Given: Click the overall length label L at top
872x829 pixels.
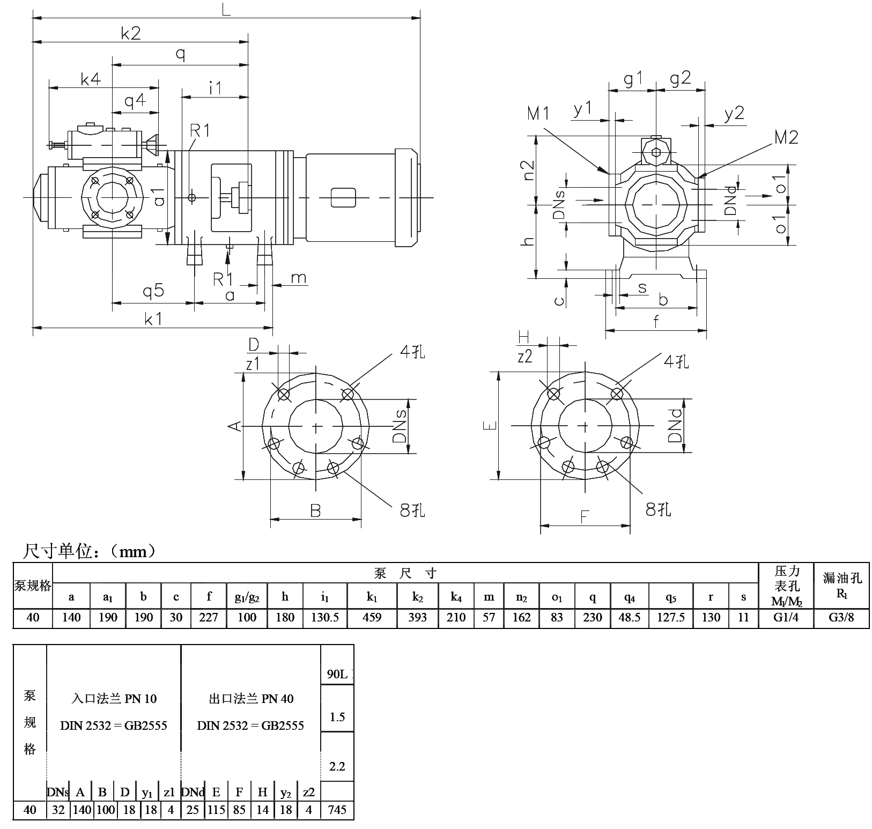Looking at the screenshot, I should pyautogui.click(x=226, y=9).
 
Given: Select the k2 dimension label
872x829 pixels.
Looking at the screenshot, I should pyautogui.click(x=131, y=33).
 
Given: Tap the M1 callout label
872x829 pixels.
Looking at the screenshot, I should pyautogui.click(x=539, y=113).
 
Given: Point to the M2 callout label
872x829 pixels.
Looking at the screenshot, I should pyautogui.click(x=786, y=138).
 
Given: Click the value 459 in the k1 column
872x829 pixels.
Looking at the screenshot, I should pyautogui.click(x=372, y=617).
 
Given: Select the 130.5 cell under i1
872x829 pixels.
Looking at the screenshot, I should pyautogui.click(x=325, y=617).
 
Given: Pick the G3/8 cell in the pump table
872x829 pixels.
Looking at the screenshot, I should pyautogui.click(x=841, y=617).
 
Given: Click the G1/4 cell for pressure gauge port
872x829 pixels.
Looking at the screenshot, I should pyautogui.click(x=786, y=617).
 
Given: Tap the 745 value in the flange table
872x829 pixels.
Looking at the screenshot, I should pyautogui.click(x=337, y=810).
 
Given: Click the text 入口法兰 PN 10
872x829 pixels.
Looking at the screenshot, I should pyautogui.click(x=114, y=699).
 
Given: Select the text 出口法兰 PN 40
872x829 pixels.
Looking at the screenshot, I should pyautogui.click(x=251, y=699).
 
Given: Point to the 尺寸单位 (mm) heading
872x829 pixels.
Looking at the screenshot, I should pyautogui.click(x=89, y=551).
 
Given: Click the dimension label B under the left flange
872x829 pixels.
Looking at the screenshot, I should pyautogui.click(x=315, y=510).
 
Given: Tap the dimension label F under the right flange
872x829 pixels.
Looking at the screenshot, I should pyautogui.click(x=585, y=517).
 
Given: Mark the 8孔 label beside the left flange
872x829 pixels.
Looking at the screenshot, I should pyautogui.click(x=412, y=509).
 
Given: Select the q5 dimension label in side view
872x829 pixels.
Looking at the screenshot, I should pyautogui.click(x=153, y=291).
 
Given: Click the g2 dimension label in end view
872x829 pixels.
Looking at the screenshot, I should pyautogui.click(x=680, y=79).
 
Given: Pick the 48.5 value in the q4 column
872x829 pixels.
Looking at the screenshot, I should pyautogui.click(x=630, y=617).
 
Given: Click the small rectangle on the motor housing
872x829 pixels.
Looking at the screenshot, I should pyautogui.click(x=343, y=198).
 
